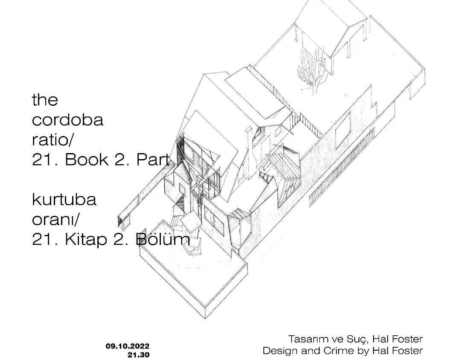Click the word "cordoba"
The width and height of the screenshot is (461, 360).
[x=67, y=120]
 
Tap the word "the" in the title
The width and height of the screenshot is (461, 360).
[x=45, y=100]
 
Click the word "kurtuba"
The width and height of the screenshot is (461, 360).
[x=64, y=200]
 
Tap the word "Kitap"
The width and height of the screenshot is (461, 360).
[x=85, y=240]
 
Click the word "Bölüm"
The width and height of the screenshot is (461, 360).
[x=163, y=240]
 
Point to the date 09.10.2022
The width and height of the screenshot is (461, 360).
[x=128, y=346]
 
